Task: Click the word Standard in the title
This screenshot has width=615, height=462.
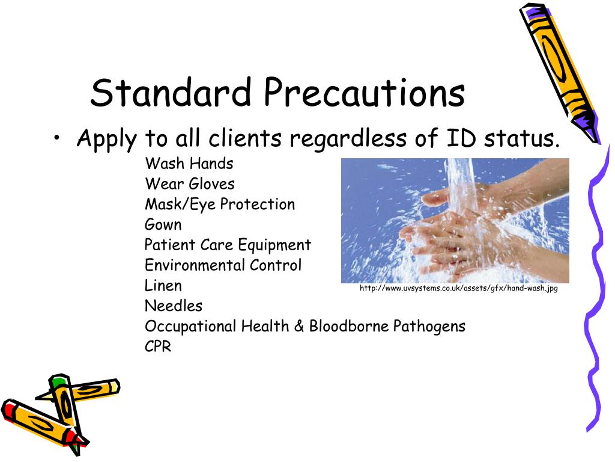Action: [170, 93]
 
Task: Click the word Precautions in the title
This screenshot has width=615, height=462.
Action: [364, 93]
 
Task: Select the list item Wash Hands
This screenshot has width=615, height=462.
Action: [189, 163]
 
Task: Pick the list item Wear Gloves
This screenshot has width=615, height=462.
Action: [189, 183]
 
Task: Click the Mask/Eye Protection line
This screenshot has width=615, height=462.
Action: [220, 204]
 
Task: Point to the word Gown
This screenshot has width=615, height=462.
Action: [163, 224]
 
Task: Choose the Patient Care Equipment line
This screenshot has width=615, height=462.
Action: [228, 245]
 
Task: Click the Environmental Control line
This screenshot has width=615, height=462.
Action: [223, 265]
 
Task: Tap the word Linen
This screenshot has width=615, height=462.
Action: [163, 286]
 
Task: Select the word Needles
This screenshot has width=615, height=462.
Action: [173, 306]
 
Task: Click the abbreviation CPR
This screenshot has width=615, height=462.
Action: [158, 347]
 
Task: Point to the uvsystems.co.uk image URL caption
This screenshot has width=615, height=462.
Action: [458, 289]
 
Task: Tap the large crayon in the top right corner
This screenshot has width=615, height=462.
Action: [559, 66]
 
